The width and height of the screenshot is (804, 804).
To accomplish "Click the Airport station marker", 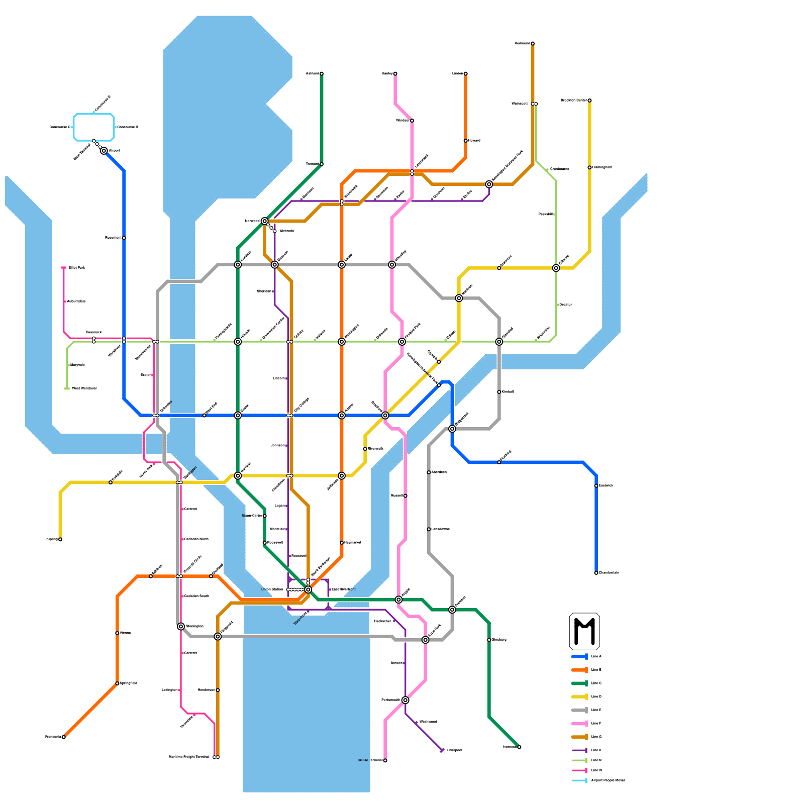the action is click(x=104, y=151).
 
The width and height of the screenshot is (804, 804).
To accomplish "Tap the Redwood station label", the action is click(x=522, y=44).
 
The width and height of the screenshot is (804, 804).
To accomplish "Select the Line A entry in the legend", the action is click(x=596, y=657).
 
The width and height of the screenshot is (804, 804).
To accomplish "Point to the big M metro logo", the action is click(x=584, y=631).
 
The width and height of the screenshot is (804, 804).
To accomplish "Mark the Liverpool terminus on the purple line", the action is click(x=442, y=750).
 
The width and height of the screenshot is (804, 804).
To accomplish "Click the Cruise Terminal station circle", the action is click(x=385, y=761).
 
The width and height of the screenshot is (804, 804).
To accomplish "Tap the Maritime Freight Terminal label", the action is click(x=189, y=757).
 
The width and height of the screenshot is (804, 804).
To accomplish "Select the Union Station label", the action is click(x=272, y=589).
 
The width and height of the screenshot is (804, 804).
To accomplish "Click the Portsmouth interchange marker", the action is click(x=406, y=700).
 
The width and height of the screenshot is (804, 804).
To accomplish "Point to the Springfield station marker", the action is click(x=117, y=683).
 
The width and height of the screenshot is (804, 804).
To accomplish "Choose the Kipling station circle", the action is click(x=60, y=540).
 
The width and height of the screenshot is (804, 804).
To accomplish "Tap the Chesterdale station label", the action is click(x=609, y=573).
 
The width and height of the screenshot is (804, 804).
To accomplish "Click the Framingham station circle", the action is click(x=589, y=167).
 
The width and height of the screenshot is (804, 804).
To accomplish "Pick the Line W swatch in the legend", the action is click(x=580, y=770).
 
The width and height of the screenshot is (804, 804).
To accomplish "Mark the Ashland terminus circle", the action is click(x=322, y=74).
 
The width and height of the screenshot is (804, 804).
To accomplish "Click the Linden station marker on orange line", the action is click(x=466, y=74).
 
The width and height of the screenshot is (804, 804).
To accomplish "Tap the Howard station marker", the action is click(x=466, y=141).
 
